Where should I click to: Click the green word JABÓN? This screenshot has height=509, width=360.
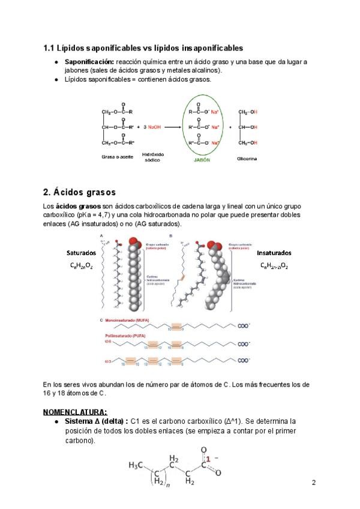tap(202, 160)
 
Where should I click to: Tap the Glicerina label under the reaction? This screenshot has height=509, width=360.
tap(249, 157)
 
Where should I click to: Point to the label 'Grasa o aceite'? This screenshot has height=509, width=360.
tap(117, 155)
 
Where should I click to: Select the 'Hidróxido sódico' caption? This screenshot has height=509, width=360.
tap(152, 158)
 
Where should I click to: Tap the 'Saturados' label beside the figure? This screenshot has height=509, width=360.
tap(81, 253)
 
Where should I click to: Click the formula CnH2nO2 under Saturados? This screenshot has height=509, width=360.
tap(80, 265)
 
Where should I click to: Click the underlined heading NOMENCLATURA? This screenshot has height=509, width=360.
tap(75, 412)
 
